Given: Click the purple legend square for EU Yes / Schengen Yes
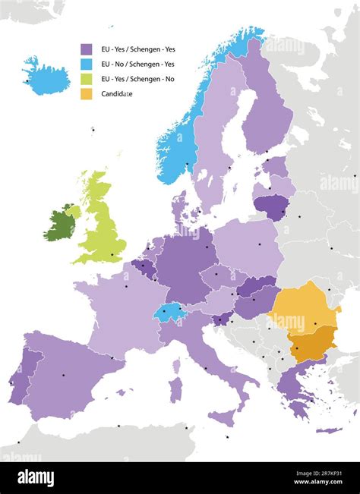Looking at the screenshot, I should tap(87, 49).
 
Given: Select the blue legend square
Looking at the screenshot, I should tap(87, 64).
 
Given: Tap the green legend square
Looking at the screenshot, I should tap(87, 79).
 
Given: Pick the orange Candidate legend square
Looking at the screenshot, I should tap(87, 94).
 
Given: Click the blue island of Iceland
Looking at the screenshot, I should tap(46, 76).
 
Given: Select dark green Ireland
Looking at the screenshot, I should tap(58, 225).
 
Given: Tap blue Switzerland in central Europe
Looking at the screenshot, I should tap(169, 311).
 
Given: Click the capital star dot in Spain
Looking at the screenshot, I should tap(63, 375).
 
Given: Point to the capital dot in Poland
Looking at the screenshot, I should tap(260, 244).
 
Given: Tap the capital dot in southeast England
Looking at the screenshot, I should tap(112, 254).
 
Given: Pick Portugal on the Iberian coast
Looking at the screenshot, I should tap(21, 376).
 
